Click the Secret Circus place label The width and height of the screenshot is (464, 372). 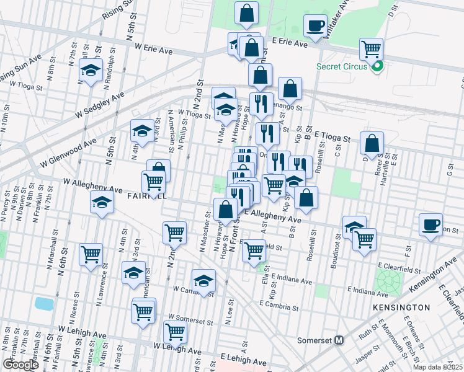pyautogui.click(x=341, y=66)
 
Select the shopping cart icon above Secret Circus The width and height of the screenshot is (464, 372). pyautogui.click(x=370, y=48)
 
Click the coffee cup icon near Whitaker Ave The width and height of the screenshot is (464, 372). pyautogui.click(x=315, y=26)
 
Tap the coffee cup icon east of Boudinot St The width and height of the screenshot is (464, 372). pyautogui.click(x=431, y=224)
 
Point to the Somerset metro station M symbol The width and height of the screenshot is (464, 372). pyautogui.click(x=339, y=340)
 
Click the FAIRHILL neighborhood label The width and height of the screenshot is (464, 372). pyautogui.click(x=147, y=195)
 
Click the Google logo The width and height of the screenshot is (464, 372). pyautogui.click(x=20, y=365)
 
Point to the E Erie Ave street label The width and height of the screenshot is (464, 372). pyautogui.click(x=290, y=44)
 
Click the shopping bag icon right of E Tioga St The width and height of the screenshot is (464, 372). pyautogui.click(x=372, y=143)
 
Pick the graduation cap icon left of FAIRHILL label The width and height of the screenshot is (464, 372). pyautogui.click(x=102, y=201)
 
